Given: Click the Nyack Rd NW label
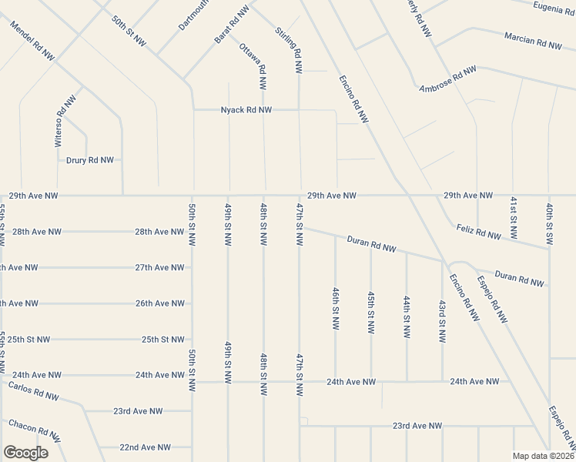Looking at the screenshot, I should pyautogui.click(x=246, y=110).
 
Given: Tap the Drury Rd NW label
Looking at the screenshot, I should pyautogui.click(x=90, y=160).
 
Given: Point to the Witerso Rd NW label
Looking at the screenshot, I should pyautogui.click(x=65, y=121).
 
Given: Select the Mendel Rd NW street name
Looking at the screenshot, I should pyautogui.click(x=32, y=40).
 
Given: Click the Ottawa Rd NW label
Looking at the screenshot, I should pyautogui.click(x=253, y=59).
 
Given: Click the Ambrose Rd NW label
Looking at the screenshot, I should pyautogui.click(x=447, y=79).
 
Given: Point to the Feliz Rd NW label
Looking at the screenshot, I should pyautogui.click(x=484, y=231).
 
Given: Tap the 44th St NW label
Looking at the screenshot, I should pyautogui.click(x=406, y=315).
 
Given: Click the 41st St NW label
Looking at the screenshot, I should pyautogui.click(x=513, y=216).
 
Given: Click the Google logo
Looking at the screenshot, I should pyautogui.click(x=25, y=453).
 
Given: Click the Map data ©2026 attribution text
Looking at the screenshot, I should pyautogui.click(x=543, y=456).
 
